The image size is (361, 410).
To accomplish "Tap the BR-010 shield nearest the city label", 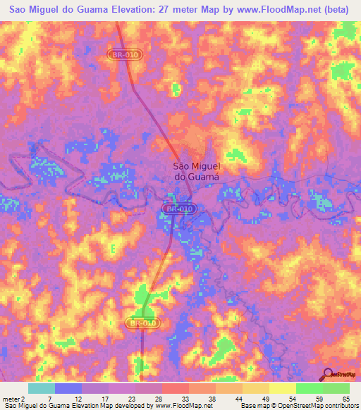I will click(178, 209).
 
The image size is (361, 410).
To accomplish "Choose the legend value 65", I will click(346, 398).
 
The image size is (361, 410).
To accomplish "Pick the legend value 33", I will click(185, 398).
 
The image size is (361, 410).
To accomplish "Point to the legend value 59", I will click(319, 398).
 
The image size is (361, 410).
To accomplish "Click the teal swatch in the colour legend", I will click(42, 388).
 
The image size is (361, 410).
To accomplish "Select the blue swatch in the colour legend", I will click(68, 388).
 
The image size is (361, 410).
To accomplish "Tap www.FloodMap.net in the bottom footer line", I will click(182, 406).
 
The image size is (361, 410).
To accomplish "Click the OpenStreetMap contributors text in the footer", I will click(320, 406).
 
